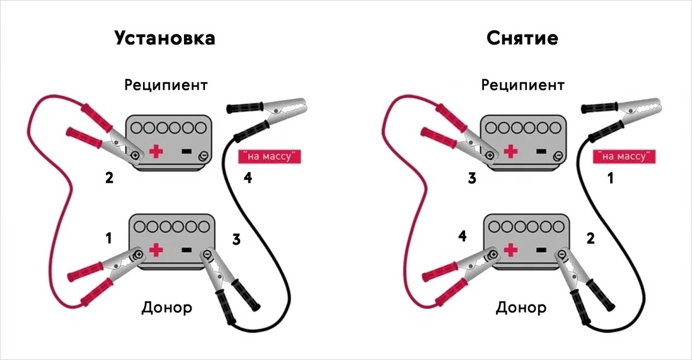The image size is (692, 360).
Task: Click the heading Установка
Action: click(x=164, y=38)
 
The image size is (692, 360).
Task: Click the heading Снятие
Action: click(x=522, y=38)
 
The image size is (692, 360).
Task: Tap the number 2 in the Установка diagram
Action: click(x=109, y=178)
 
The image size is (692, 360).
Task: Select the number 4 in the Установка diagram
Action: click(x=248, y=178)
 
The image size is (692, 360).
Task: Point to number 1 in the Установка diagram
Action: click(x=108, y=238)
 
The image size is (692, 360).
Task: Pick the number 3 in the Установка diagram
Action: click(x=236, y=240)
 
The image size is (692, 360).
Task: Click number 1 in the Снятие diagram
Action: click(x=611, y=178)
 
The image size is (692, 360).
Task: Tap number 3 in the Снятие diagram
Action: click(x=472, y=178)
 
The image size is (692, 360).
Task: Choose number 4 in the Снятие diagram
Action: click(x=462, y=236)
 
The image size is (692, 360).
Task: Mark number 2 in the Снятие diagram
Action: click(x=591, y=238)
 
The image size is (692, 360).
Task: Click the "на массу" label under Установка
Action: click(x=270, y=156)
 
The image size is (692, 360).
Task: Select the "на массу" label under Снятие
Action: click(x=624, y=156)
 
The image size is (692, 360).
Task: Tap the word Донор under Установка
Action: click(x=167, y=308)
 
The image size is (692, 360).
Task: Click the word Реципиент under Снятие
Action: click(x=522, y=85)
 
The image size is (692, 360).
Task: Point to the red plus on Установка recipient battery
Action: click(x=156, y=151)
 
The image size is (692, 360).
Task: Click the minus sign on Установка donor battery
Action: click(x=187, y=250)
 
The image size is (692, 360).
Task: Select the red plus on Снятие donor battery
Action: click(x=510, y=250)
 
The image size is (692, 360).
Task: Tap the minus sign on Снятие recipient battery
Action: click(x=541, y=151)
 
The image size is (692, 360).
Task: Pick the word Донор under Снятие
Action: click(x=521, y=308)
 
